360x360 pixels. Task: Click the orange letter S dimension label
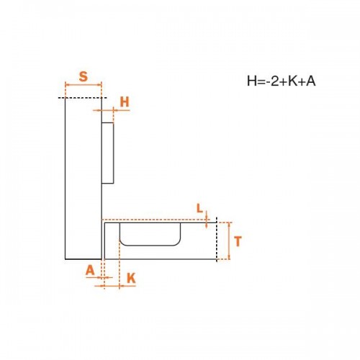click(x=84, y=76)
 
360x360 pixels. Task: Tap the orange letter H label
click(x=125, y=102)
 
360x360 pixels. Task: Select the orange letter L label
click(x=199, y=208)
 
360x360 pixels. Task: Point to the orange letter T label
click(x=238, y=241)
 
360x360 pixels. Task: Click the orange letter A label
click(x=90, y=271)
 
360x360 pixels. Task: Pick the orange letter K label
click(x=131, y=279)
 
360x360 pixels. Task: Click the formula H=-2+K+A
click(x=282, y=81)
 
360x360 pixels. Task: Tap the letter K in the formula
click(x=292, y=81)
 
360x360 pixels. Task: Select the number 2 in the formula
click(x=274, y=81)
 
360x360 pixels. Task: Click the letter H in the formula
click(x=252, y=81)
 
